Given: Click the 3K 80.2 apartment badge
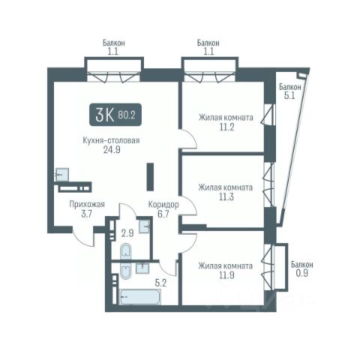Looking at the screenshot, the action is point(115,115).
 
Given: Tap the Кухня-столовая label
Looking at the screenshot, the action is point(111,140).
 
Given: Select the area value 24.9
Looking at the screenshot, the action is point(112,149).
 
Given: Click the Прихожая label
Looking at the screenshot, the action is point(87,205).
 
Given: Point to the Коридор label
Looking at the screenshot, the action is point(163,205).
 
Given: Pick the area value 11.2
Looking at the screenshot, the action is point(226,127).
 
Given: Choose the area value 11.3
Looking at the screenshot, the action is point(226,197).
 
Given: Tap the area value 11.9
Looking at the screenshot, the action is point(226,275).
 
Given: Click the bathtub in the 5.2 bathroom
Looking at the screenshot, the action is point(140,297).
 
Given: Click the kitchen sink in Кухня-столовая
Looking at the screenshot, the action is point(62,175).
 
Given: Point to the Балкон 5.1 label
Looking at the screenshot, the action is point(290,91).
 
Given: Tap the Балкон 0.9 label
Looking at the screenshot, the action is point(302,269).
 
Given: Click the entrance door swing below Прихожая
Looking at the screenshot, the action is point(82,237).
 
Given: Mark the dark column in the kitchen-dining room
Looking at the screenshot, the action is point(150,177).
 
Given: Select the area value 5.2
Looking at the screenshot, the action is point(160,283).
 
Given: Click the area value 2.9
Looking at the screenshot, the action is point(127,233).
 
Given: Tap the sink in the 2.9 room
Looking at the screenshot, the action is point(145,226).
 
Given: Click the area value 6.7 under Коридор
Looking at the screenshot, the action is point(163,214).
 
